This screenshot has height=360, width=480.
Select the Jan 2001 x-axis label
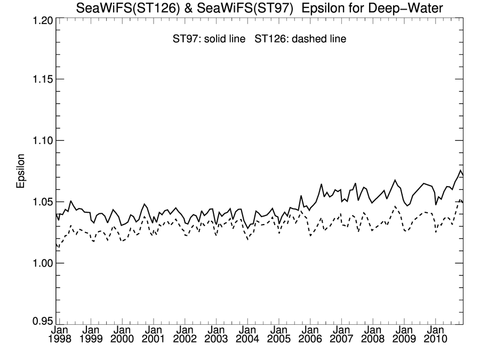(x=153, y=334)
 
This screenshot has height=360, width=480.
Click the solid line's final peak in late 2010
(x=460, y=171)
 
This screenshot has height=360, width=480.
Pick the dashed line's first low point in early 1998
(x=58, y=247)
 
